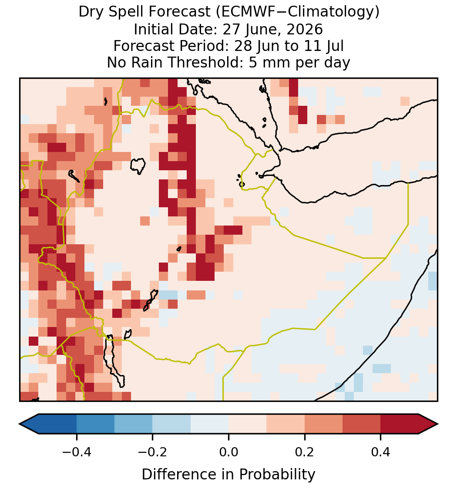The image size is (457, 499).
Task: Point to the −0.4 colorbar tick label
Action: coord(77,452)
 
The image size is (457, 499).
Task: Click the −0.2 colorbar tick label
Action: coord(153,452)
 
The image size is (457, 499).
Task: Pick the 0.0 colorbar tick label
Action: coord(228,452)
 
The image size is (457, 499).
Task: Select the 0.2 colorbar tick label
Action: coord(305,452)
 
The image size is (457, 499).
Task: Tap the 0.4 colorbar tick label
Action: coord(381,452)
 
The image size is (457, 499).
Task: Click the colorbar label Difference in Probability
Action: coord(228,475)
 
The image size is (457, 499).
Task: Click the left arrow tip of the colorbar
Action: coord(20,424)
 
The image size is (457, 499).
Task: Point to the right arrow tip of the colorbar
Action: coord(438,424)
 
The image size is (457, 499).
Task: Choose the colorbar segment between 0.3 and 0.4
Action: coord(362,424)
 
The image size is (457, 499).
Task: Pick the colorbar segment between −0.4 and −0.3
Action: coord(95,424)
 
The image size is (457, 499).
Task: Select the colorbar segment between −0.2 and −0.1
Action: coord(172,424)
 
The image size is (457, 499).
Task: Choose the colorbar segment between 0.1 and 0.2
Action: coord(286,424)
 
